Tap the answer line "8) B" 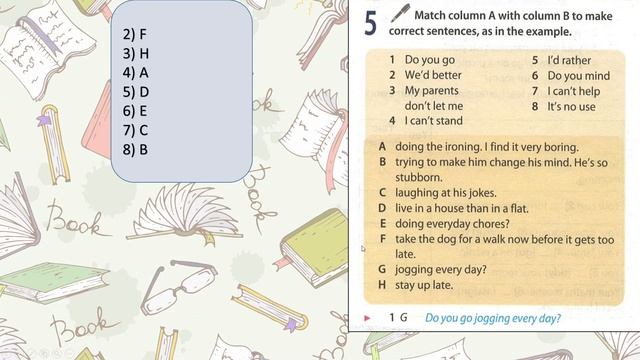coord(135,149)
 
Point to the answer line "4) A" coord(135,72)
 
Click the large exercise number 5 coord(370,22)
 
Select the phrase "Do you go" coord(429,60)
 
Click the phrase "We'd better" coord(433,75)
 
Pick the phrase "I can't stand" coord(434,121)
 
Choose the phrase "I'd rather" coord(570,60)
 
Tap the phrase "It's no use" coord(571,106)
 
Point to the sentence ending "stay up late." coord(424,285)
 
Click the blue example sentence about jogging coord(493,319)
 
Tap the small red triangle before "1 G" coord(368,319)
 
